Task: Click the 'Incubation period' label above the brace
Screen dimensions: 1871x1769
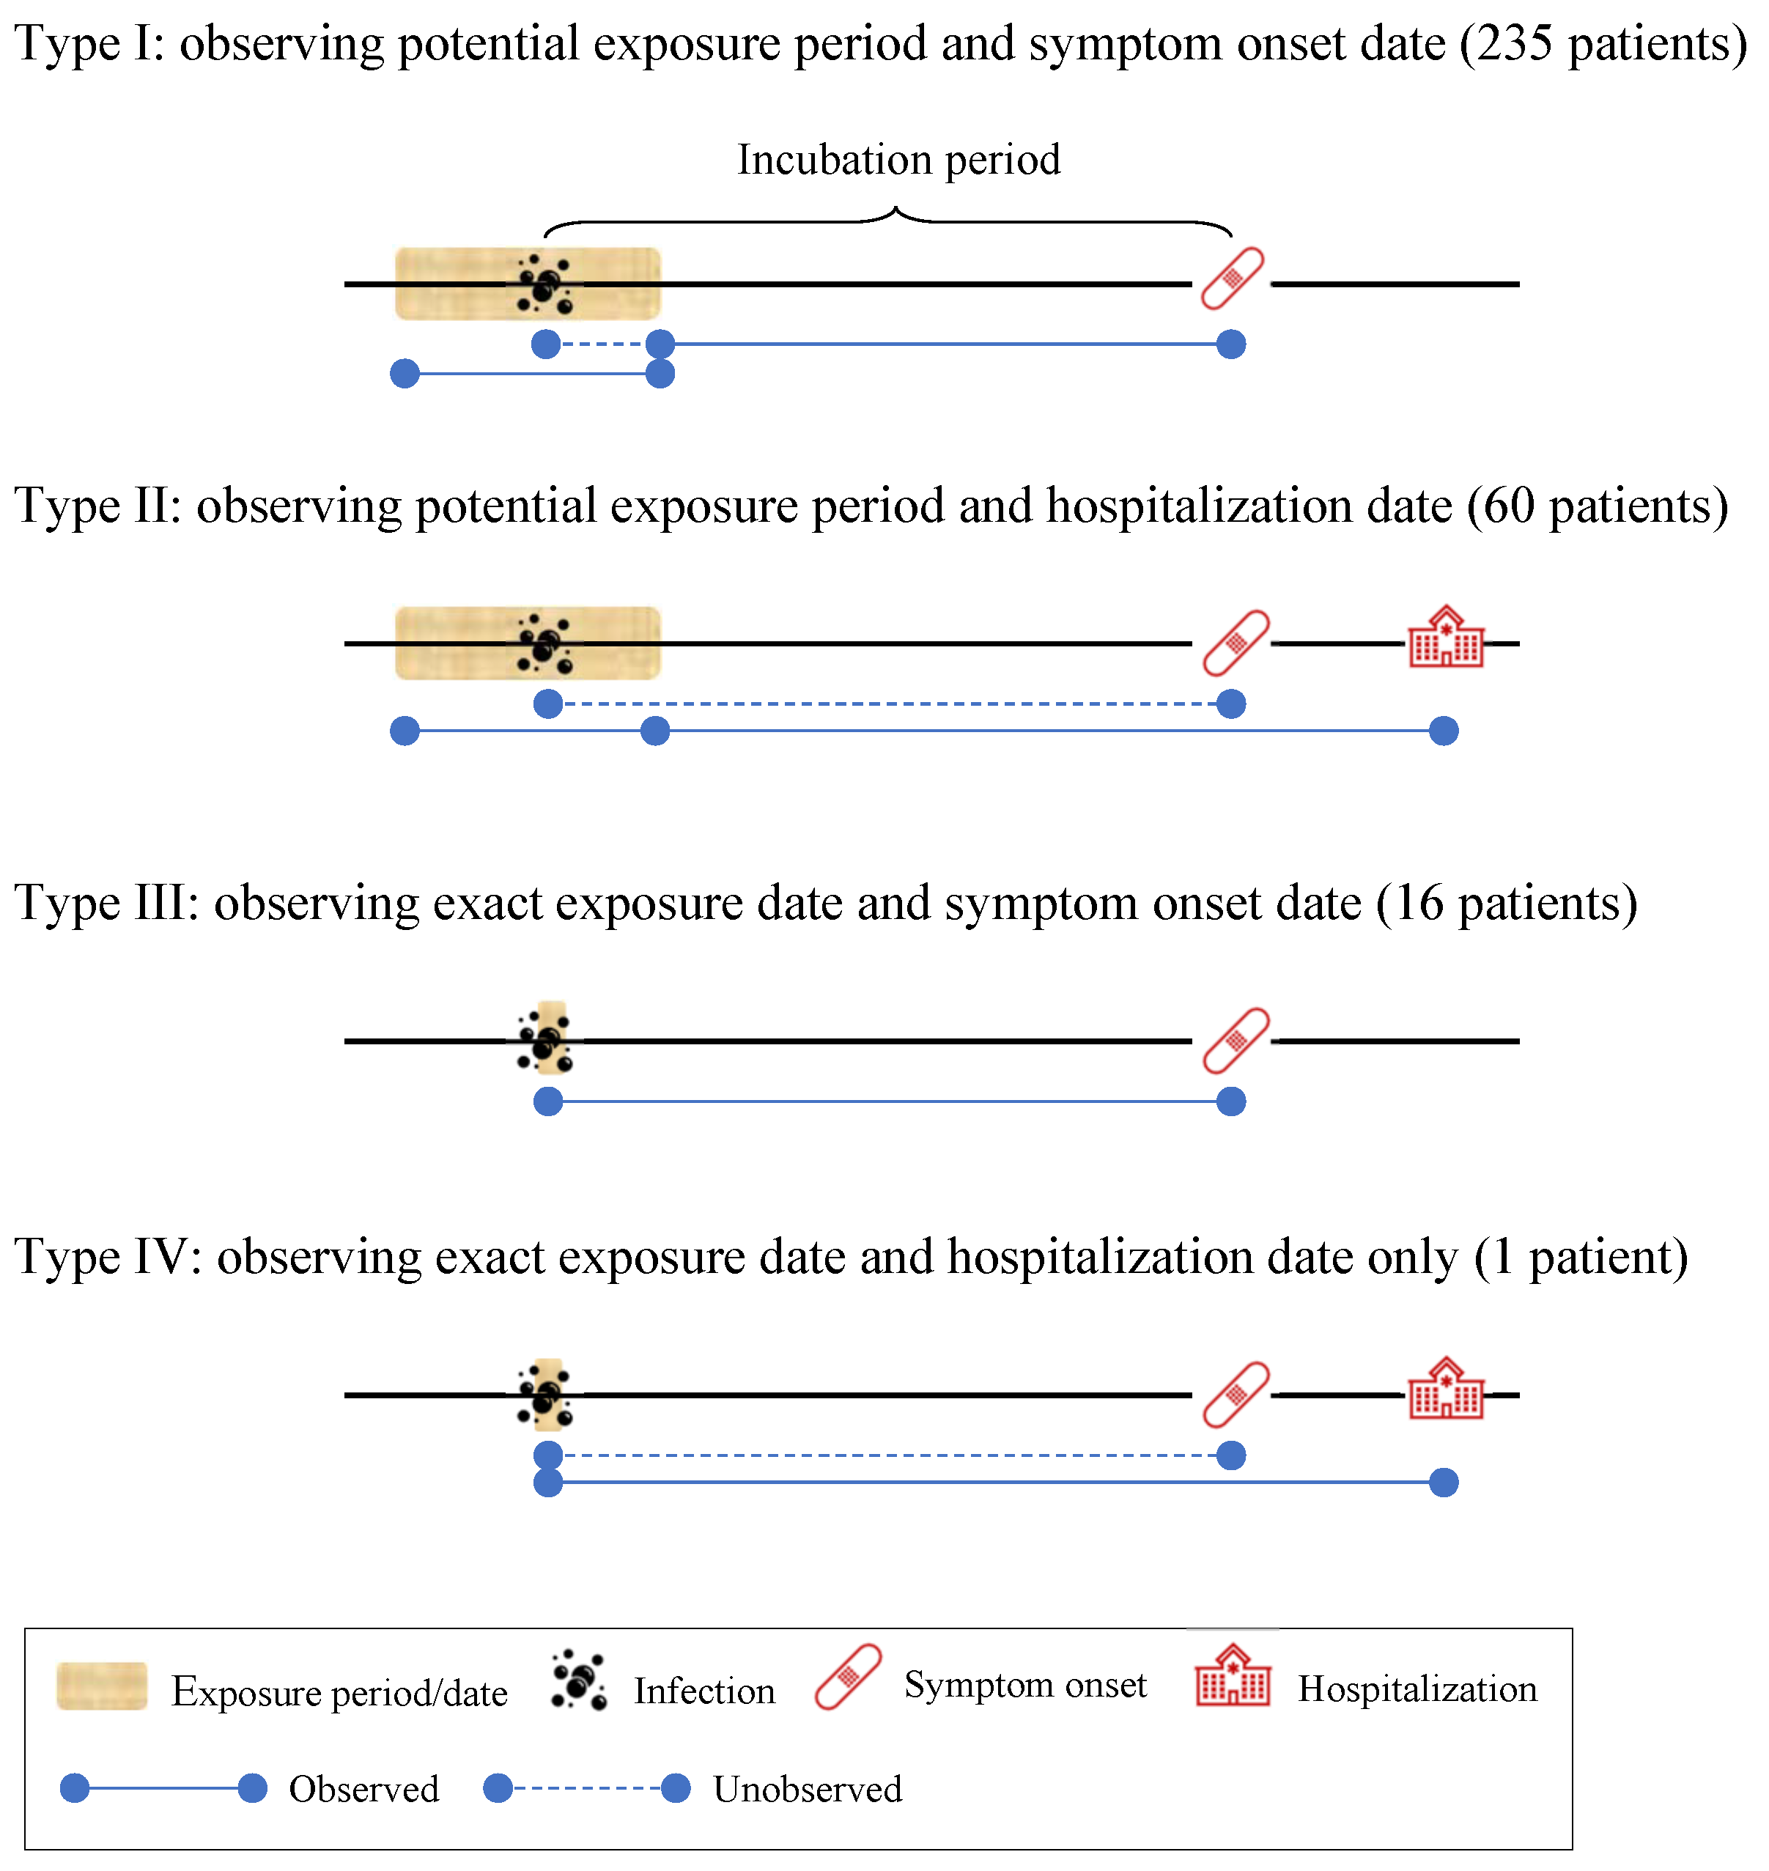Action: tap(898, 159)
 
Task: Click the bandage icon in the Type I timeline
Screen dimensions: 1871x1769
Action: tap(1232, 278)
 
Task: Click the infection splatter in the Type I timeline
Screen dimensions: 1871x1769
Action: tap(545, 283)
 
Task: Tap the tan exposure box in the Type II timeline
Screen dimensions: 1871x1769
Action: tap(453, 643)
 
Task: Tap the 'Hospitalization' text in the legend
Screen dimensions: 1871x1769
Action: tap(1417, 1689)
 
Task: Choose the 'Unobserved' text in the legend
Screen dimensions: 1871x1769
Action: tap(807, 1789)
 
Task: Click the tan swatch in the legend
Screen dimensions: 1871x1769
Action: tap(102, 1686)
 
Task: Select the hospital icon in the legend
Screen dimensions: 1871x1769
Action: tap(1233, 1676)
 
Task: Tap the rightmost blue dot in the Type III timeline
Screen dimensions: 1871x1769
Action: tap(1230, 1101)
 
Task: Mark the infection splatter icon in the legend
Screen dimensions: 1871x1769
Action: tap(578, 1680)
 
